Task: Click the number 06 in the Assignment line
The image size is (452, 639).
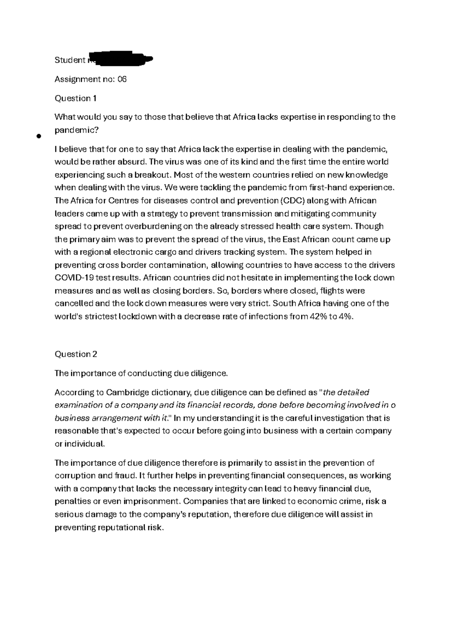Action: pos(122,79)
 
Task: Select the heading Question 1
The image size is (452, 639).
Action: pos(76,98)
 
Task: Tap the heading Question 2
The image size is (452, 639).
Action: pos(76,354)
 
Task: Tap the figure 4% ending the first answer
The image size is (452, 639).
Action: pos(347,316)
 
